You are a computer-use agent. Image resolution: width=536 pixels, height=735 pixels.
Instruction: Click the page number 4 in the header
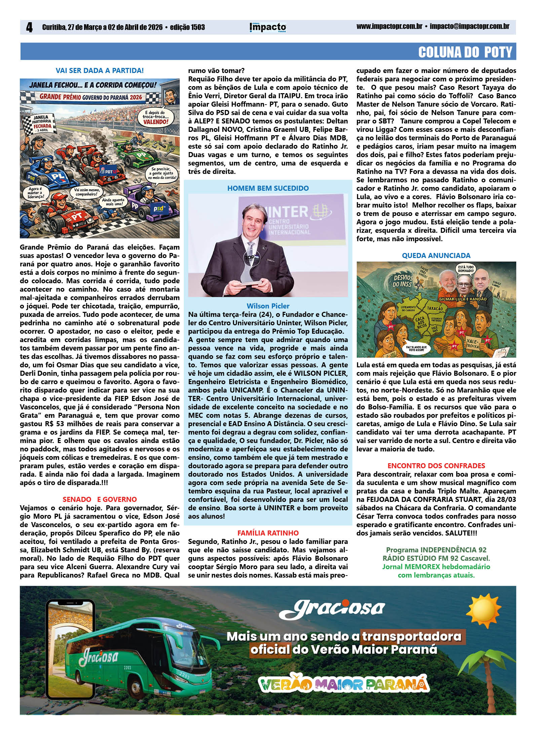(x=30, y=28)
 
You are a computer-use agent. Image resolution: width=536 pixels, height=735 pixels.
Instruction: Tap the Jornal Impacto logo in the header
(x=268, y=27)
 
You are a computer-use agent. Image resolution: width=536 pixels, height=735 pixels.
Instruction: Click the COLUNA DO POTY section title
(x=465, y=52)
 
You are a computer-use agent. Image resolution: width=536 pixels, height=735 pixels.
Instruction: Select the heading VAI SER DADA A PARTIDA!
(x=100, y=71)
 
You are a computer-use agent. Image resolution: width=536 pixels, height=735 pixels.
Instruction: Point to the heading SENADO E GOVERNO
(x=100, y=499)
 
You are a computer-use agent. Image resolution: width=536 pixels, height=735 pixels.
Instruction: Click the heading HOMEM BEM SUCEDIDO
(x=268, y=188)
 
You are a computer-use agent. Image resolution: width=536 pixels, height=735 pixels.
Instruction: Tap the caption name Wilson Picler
(x=268, y=306)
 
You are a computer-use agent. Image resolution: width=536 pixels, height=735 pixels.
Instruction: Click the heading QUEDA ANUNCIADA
(x=436, y=256)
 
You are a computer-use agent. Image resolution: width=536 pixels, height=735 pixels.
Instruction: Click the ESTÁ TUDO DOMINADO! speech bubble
(x=466, y=269)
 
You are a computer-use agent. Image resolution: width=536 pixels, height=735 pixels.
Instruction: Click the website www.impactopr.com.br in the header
(x=389, y=27)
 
